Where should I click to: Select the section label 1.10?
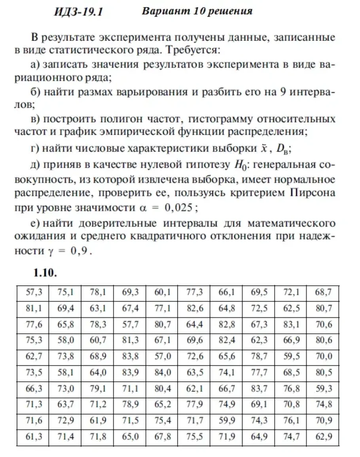point(45,273)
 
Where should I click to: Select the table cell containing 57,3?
point(34,293)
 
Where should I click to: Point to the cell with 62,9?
point(323,437)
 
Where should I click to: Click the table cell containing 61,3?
point(34,437)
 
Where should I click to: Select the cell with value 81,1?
point(34,309)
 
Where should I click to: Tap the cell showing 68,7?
point(323,293)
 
